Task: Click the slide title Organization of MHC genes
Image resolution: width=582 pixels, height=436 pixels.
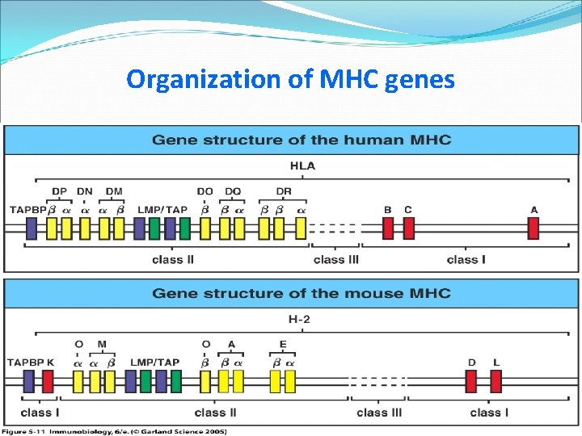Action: coord(290,79)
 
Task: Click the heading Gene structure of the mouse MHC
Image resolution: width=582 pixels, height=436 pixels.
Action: coord(301,292)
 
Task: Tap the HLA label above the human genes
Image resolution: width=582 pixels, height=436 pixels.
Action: coord(302,167)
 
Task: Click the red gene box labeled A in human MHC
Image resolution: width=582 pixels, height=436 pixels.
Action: coord(533,228)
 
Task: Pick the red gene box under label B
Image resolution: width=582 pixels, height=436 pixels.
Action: coord(388,228)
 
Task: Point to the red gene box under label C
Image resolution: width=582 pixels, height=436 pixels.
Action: coord(408,228)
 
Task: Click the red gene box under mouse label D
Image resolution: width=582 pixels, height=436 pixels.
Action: coord(471,380)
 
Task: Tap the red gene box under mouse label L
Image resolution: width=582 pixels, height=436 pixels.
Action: coord(496,380)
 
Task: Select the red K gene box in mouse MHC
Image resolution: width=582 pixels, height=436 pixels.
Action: coord(48,380)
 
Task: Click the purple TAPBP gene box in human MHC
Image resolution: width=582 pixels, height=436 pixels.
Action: coord(32,228)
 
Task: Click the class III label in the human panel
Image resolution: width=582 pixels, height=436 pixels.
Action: coord(335,259)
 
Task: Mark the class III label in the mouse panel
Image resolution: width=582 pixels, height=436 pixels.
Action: coord(378,413)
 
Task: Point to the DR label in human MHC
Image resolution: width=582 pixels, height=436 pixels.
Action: coord(284,191)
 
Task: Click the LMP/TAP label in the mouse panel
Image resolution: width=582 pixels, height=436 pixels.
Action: coord(154,363)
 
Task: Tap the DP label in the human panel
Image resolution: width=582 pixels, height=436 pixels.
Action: coord(59,191)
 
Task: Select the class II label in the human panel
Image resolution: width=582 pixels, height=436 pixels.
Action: coord(173,259)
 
